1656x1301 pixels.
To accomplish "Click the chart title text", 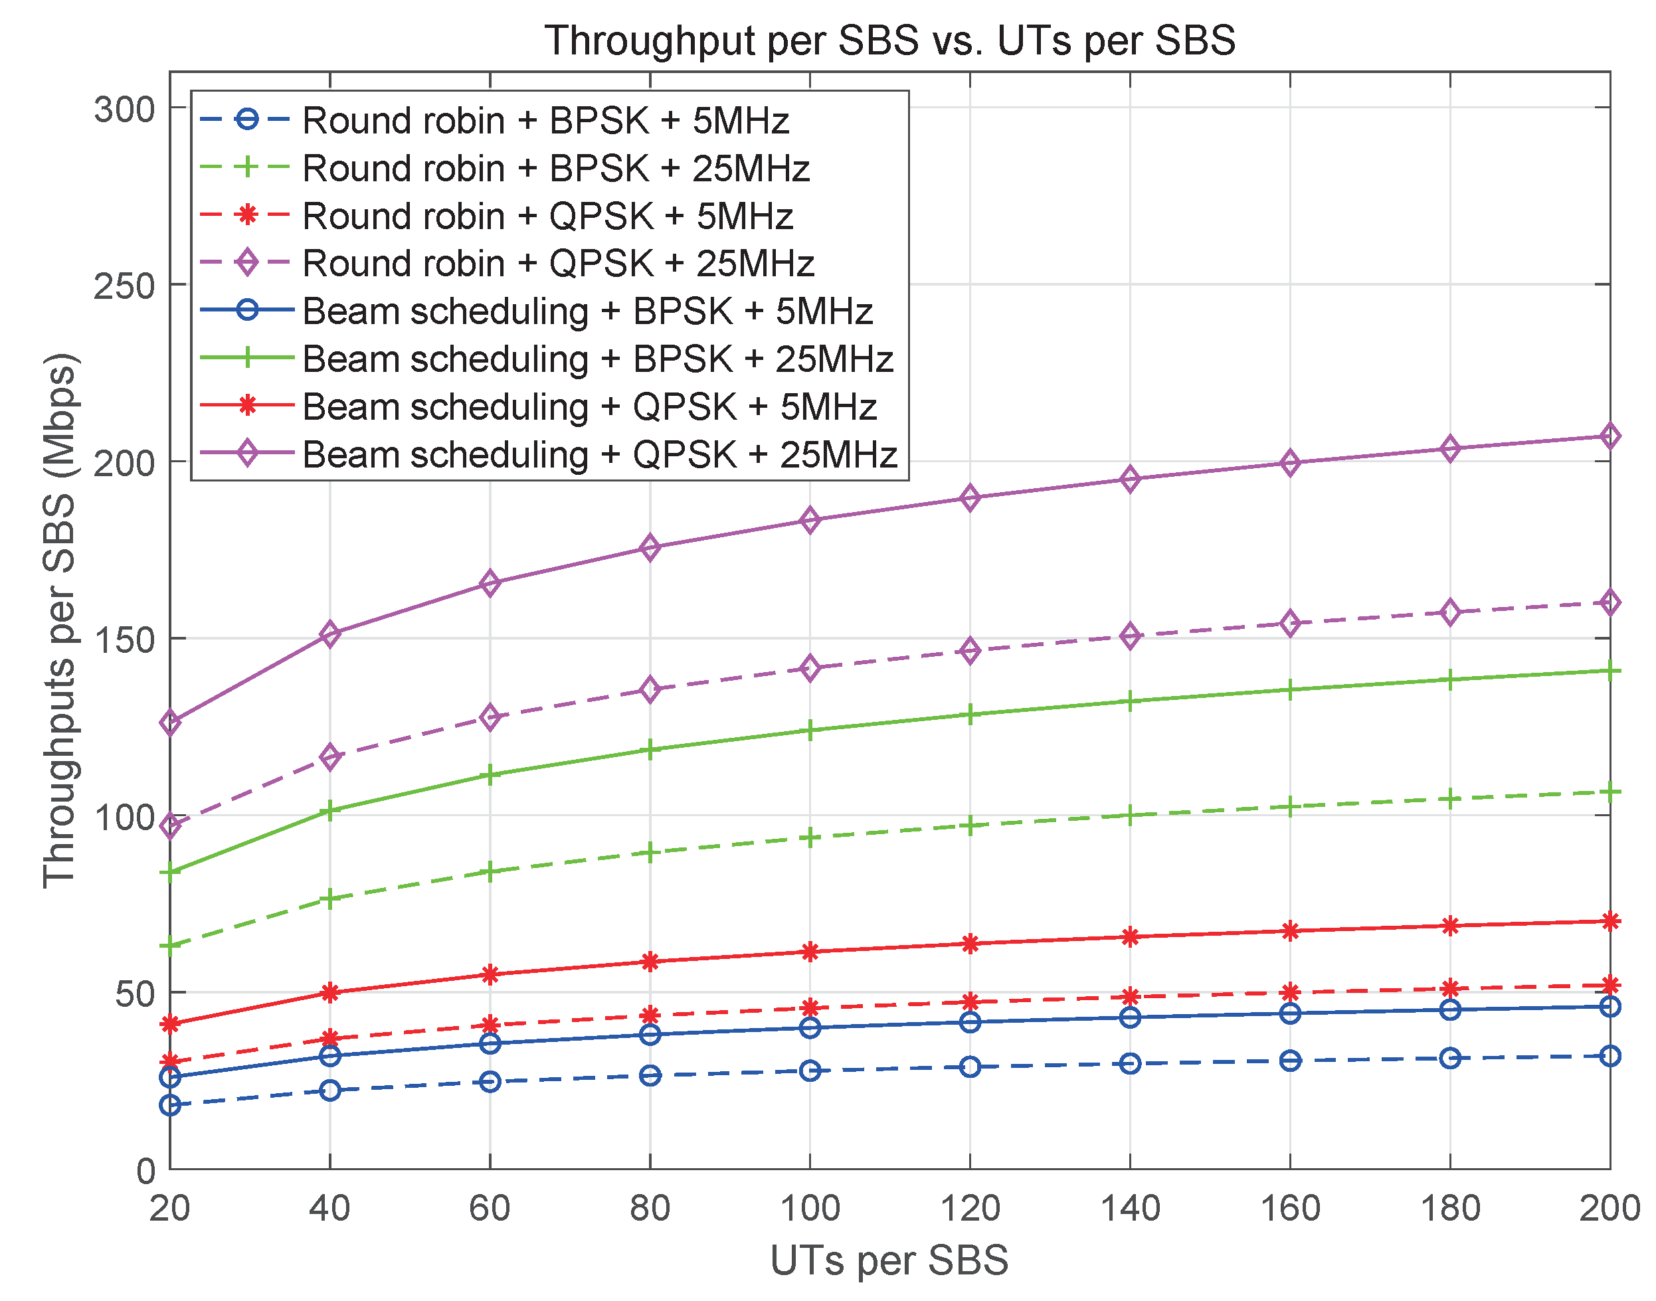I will click(x=889, y=41).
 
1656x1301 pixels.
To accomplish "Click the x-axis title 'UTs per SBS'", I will click(x=889, y=1260).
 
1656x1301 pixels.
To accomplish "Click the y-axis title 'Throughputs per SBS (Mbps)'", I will click(x=59, y=621).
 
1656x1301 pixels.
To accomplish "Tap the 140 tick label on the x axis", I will click(x=1130, y=1208).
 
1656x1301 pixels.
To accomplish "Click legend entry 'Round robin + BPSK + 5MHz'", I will click(x=545, y=121).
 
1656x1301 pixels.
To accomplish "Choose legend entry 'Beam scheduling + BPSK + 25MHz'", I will click(x=598, y=359).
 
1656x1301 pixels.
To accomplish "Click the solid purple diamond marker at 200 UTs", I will click(x=1609, y=436).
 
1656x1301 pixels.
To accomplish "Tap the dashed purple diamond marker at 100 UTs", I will click(x=810, y=669).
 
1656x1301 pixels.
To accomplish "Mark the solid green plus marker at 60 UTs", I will click(x=490, y=776).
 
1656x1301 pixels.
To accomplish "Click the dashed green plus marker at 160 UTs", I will click(x=1289, y=808).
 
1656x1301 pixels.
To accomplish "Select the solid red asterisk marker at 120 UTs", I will click(x=970, y=944).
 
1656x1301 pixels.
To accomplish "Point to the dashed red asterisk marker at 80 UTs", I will click(x=650, y=1015).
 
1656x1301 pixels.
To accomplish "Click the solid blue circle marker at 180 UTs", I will click(x=1449, y=1010).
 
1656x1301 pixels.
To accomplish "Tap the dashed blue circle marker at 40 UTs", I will click(x=330, y=1090).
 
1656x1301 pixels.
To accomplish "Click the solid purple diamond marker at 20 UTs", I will click(x=170, y=722).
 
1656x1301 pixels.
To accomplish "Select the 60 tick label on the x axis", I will click(x=490, y=1208).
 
